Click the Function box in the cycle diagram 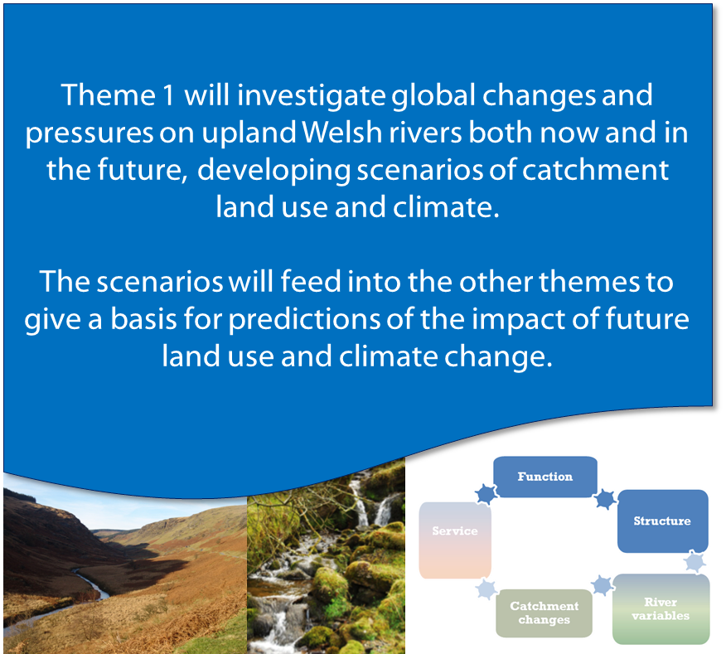[545, 477]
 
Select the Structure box [662, 521]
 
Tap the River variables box [661, 609]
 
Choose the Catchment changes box [544, 613]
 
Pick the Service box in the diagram [455, 540]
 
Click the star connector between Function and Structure [606, 499]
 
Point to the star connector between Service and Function [486, 494]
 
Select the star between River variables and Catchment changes [602, 585]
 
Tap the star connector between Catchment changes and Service [486, 589]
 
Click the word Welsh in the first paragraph [341, 133]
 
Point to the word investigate [311, 95]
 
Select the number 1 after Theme [167, 95]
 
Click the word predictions [304, 320]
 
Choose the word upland [249, 133]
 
